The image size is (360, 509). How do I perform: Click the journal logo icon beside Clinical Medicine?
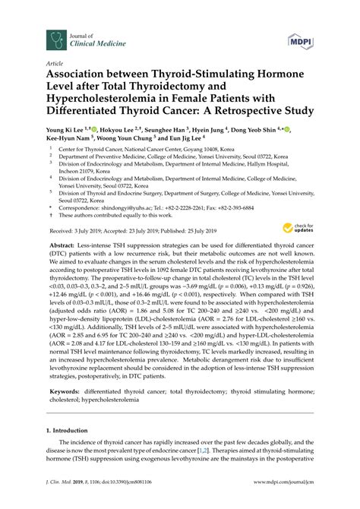point(54,36)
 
